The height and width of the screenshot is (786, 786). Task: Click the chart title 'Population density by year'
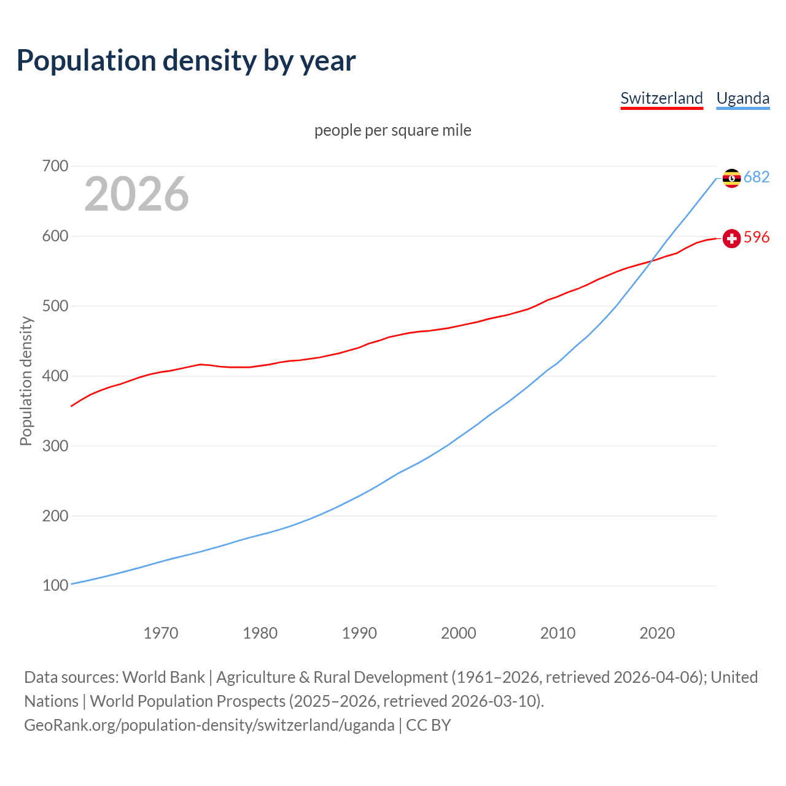pyautogui.click(x=186, y=61)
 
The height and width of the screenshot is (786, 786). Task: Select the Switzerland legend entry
pyautogui.click(x=661, y=98)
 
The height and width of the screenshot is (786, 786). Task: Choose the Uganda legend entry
pyautogui.click(x=742, y=98)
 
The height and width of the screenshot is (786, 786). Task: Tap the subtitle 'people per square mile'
pyautogui.click(x=393, y=130)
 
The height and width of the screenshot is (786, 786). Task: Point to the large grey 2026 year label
pyautogui.click(x=136, y=194)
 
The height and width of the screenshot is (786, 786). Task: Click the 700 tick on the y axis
pyautogui.click(x=55, y=166)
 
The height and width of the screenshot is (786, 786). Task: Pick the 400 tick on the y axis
pyautogui.click(x=55, y=376)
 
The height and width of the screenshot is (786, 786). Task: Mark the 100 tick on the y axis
pyautogui.click(x=55, y=586)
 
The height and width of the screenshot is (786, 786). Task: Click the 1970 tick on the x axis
pyautogui.click(x=161, y=633)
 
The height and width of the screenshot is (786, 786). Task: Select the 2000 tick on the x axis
pyautogui.click(x=458, y=633)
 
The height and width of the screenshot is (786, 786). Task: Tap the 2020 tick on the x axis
pyautogui.click(x=657, y=633)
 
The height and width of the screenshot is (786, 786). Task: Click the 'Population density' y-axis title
pyautogui.click(x=26, y=381)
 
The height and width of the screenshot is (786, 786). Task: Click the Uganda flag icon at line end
pyautogui.click(x=731, y=178)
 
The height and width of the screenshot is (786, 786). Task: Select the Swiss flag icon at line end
pyautogui.click(x=731, y=238)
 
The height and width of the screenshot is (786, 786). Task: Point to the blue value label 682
pyautogui.click(x=757, y=177)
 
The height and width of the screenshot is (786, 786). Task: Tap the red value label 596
pyautogui.click(x=757, y=237)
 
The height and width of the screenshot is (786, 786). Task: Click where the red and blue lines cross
pyautogui.click(x=652, y=262)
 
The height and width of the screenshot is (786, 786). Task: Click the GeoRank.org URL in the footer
pyautogui.click(x=209, y=725)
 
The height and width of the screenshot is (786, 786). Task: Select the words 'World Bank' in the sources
pyautogui.click(x=163, y=677)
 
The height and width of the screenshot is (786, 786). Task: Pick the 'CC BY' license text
pyautogui.click(x=429, y=725)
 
